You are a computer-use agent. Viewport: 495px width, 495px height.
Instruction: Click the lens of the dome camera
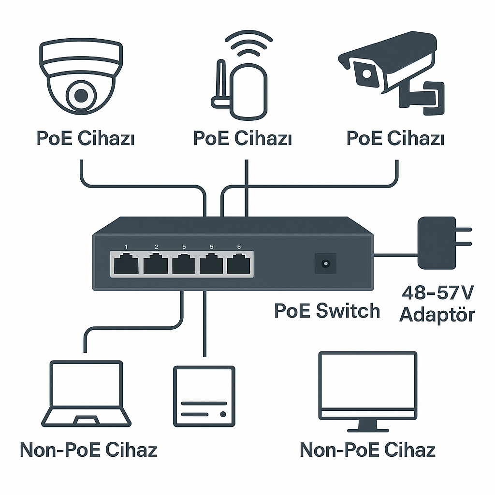click(x=80, y=95)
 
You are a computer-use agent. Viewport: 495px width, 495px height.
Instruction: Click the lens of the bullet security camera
click(x=367, y=74)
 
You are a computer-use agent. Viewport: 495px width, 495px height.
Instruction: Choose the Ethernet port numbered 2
click(x=155, y=264)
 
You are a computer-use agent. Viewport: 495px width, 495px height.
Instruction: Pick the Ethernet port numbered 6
click(x=239, y=264)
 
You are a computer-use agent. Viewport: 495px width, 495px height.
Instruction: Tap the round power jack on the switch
click(x=325, y=263)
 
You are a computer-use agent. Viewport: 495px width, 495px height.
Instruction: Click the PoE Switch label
click(x=327, y=310)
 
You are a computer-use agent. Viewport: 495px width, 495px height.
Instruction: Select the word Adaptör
click(x=437, y=315)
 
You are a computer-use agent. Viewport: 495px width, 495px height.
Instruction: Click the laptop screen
click(x=87, y=386)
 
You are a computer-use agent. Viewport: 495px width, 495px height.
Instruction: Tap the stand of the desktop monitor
click(x=367, y=426)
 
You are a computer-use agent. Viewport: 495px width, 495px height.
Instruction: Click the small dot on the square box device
click(x=223, y=414)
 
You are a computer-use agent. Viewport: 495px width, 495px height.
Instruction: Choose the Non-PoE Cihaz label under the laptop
click(x=88, y=450)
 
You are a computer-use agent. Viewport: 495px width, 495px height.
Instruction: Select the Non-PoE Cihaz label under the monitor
click(x=367, y=450)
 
